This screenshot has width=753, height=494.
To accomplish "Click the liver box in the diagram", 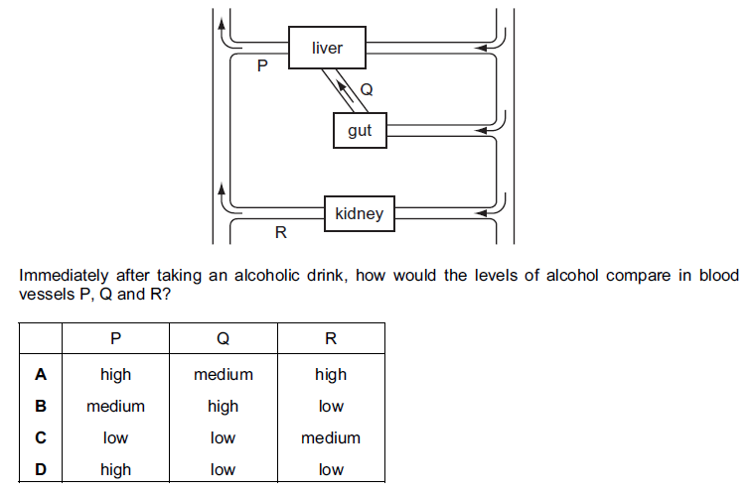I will pyautogui.click(x=327, y=48).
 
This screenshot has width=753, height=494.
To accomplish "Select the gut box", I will pyautogui.click(x=360, y=130).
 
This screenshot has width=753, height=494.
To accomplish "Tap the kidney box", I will pyautogui.click(x=359, y=213).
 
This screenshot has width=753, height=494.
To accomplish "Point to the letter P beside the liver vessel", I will pyautogui.click(x=262, y=66).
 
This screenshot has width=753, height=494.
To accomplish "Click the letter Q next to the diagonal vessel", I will pyautogui.click(x=366, y=90).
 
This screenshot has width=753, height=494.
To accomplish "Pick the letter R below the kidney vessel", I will pyautogui.click(x=280, y=234).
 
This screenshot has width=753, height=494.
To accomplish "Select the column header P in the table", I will pyautogui.click(x=115, y=338).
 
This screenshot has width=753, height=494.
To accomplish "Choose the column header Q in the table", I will pyautogui.click(x=223, y=338).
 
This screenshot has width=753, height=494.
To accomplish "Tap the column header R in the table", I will pyautogui.click(x=331, y=338).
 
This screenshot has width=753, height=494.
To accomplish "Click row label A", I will pyautogui.click(x=41, y=374).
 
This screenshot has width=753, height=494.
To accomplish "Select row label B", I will pyautogui.click(x=41, y=406).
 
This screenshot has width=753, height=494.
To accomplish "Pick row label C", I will pyautogui.click(x=41, y=437).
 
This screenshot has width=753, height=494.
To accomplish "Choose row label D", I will pyautogui.click(x=41, y=469).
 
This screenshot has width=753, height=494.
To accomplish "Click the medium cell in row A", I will pyautogui.click(x=223, y=374).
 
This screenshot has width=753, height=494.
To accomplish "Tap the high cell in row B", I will pyautogui.click(x=223, y=406).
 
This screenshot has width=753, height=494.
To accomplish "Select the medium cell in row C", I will pyautogui.click(x=331, y=437).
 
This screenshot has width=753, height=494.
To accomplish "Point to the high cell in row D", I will pyautogui.click(x=115, y=469).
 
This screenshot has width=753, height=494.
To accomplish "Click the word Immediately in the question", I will pyautogui.click(x=64, y=275).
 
